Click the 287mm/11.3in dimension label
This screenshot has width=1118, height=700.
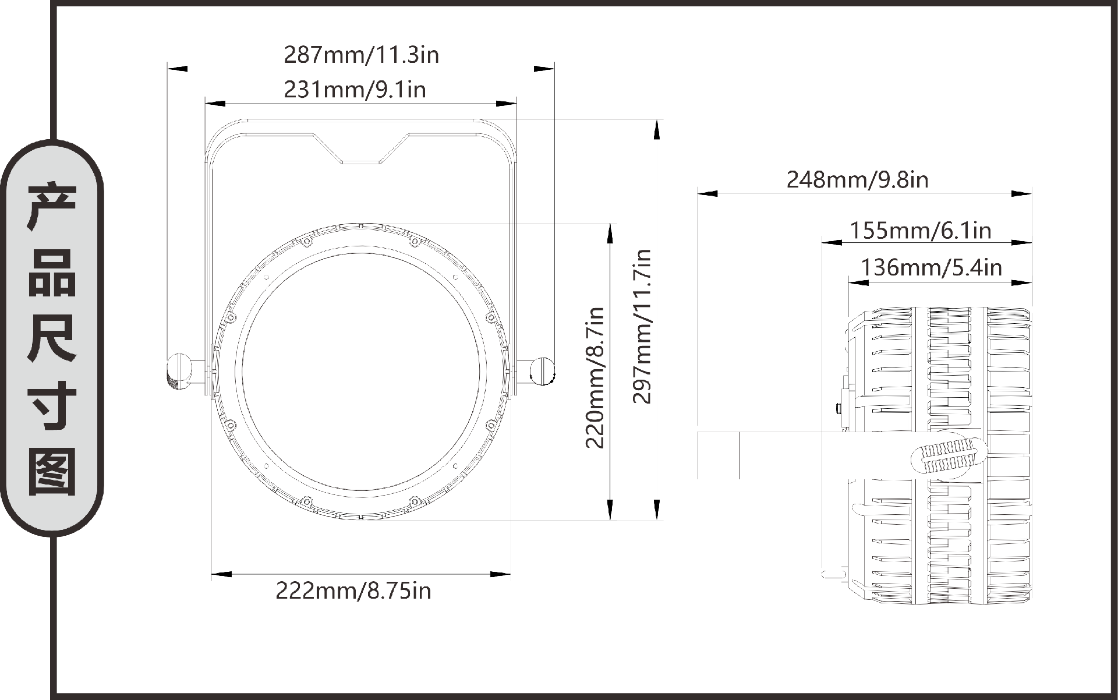coord(361,55)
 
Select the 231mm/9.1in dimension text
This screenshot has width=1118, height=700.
coord(355,90)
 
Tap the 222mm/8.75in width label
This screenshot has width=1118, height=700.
coord(353,591)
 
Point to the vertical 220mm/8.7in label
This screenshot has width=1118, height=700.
coord(595,377)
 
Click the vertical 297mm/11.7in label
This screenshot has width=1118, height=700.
coord(642,326)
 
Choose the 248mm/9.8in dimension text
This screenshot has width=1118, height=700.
coord(857,179)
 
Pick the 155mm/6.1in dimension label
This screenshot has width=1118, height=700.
coord(920,231)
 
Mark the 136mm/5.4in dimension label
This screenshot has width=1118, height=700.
coord(931,267)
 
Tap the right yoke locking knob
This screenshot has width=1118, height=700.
coord(543,370)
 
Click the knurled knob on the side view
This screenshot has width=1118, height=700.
coord(948,455)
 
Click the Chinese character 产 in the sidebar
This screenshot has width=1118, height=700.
coord(52,207)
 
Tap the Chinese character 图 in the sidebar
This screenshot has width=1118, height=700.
coord(52,472)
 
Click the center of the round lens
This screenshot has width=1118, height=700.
coord(361,372)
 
